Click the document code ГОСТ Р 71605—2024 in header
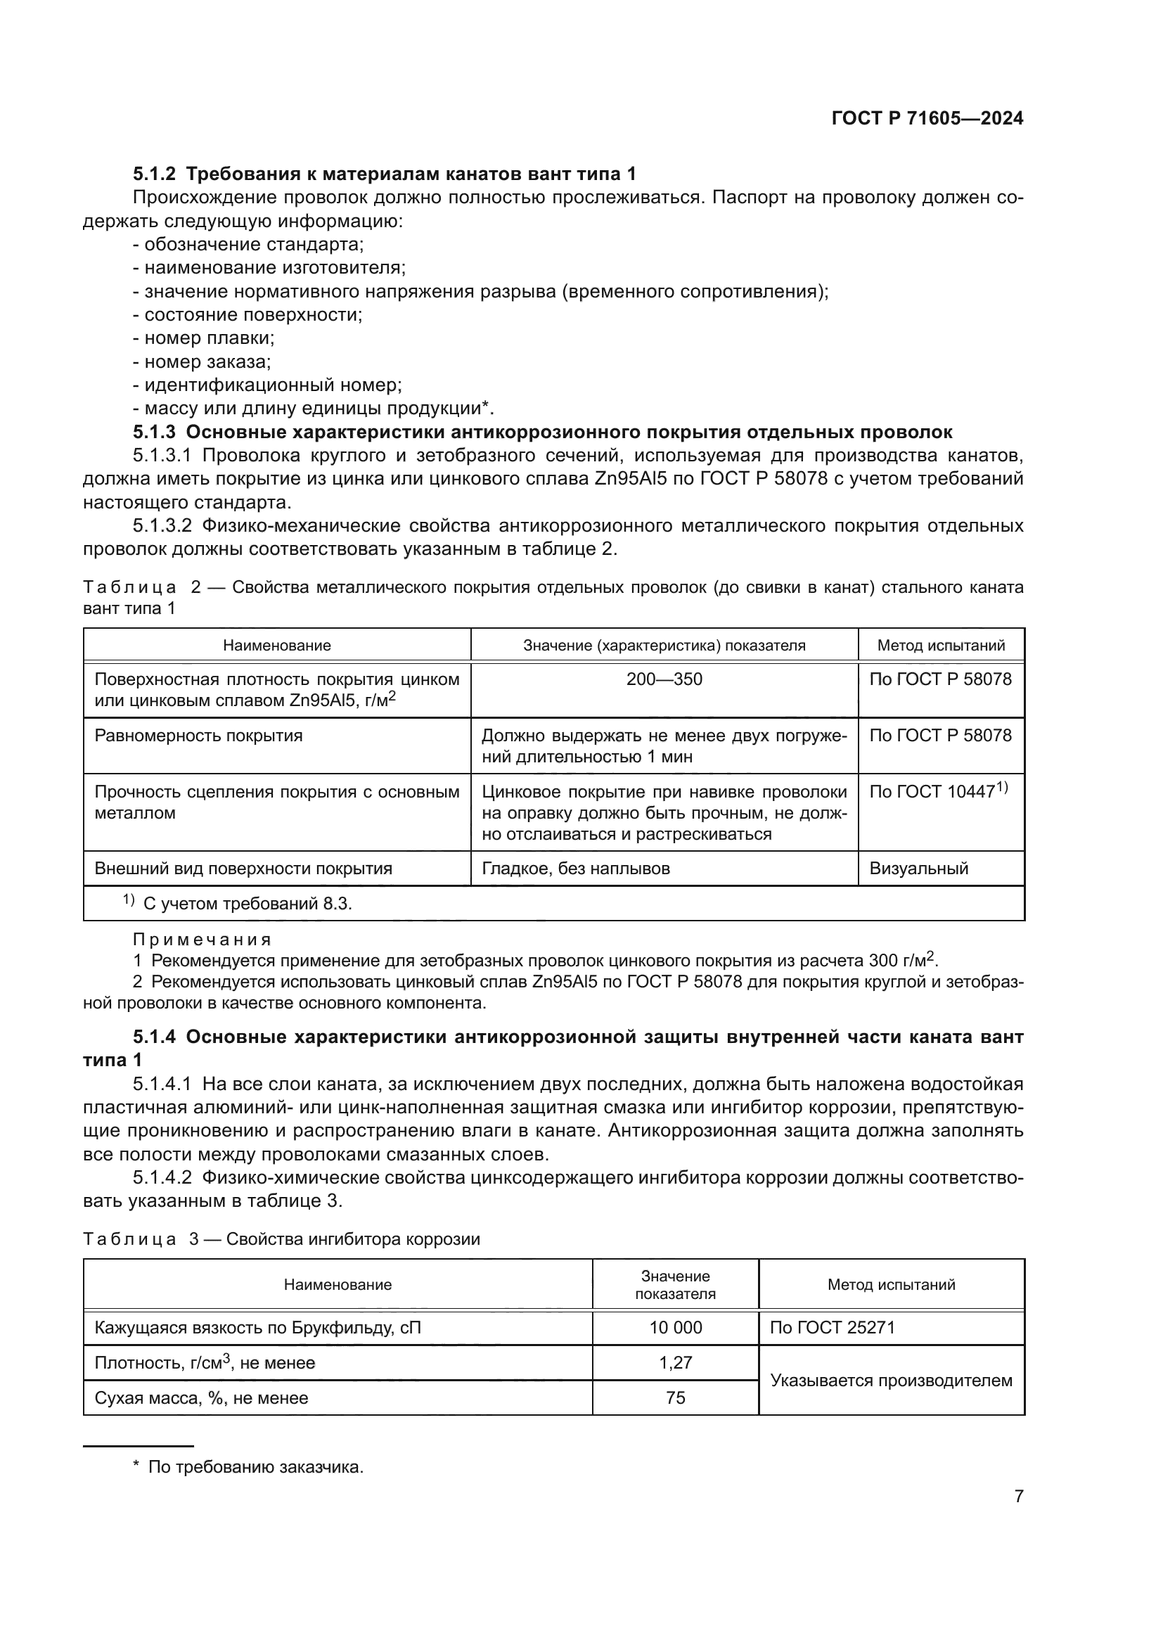pyautogui.click(x=927, y=118)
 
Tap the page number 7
pyautogui.click(x=1018, y=1496)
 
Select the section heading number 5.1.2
pyautogui.click(x=154, y=174)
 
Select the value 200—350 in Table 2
pyautogui.click(x=664, y=679)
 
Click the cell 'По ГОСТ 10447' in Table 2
pyautogui.click(x=938, y=792)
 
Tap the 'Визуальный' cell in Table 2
pyautogui.click(x=919, y=869)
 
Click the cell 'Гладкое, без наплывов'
pyautogui.click(x=576, y=869)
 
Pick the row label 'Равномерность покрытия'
pyautogui.click(x=198, y=736)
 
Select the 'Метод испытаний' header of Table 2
pyautogui.click(x=941, y=645)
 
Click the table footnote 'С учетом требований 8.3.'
pyautogui.click(x=247, y=904)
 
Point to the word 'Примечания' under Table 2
pyautogui.click(x=202, y=940)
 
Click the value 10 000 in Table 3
pyautogui.click(x=675, y=1328)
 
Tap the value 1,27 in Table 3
pyautogui.click(x=675, y=1363)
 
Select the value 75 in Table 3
pyautogui.click(x=675, y=1398)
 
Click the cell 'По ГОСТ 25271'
pyautogui.click(x=832, y=1328)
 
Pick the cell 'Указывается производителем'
pyautogui.click(x=891, y=1381)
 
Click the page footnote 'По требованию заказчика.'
pyautogui.click(x=256, y=1467)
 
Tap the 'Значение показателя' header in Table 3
pyautogui.click(x=675, y=1285)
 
